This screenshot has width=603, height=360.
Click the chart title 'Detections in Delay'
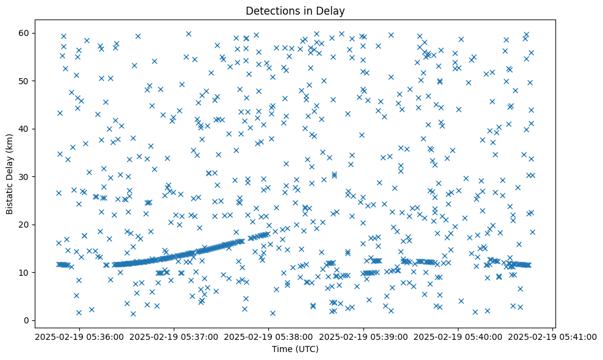pyautogui.click(x=294, y=11)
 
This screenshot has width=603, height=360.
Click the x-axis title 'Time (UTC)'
pyautogui.click(x=294, y=349)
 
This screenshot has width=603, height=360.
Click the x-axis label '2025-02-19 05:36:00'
pyautogui.click(x=80, y=336)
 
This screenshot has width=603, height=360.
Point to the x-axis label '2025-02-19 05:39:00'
pyautogui.click(x=364, y=336)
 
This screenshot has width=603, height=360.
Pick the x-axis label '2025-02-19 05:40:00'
pyautogui.click(x=458, y=336)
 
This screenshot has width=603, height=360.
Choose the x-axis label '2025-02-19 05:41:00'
pyautogui.click(x=553, y=336)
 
